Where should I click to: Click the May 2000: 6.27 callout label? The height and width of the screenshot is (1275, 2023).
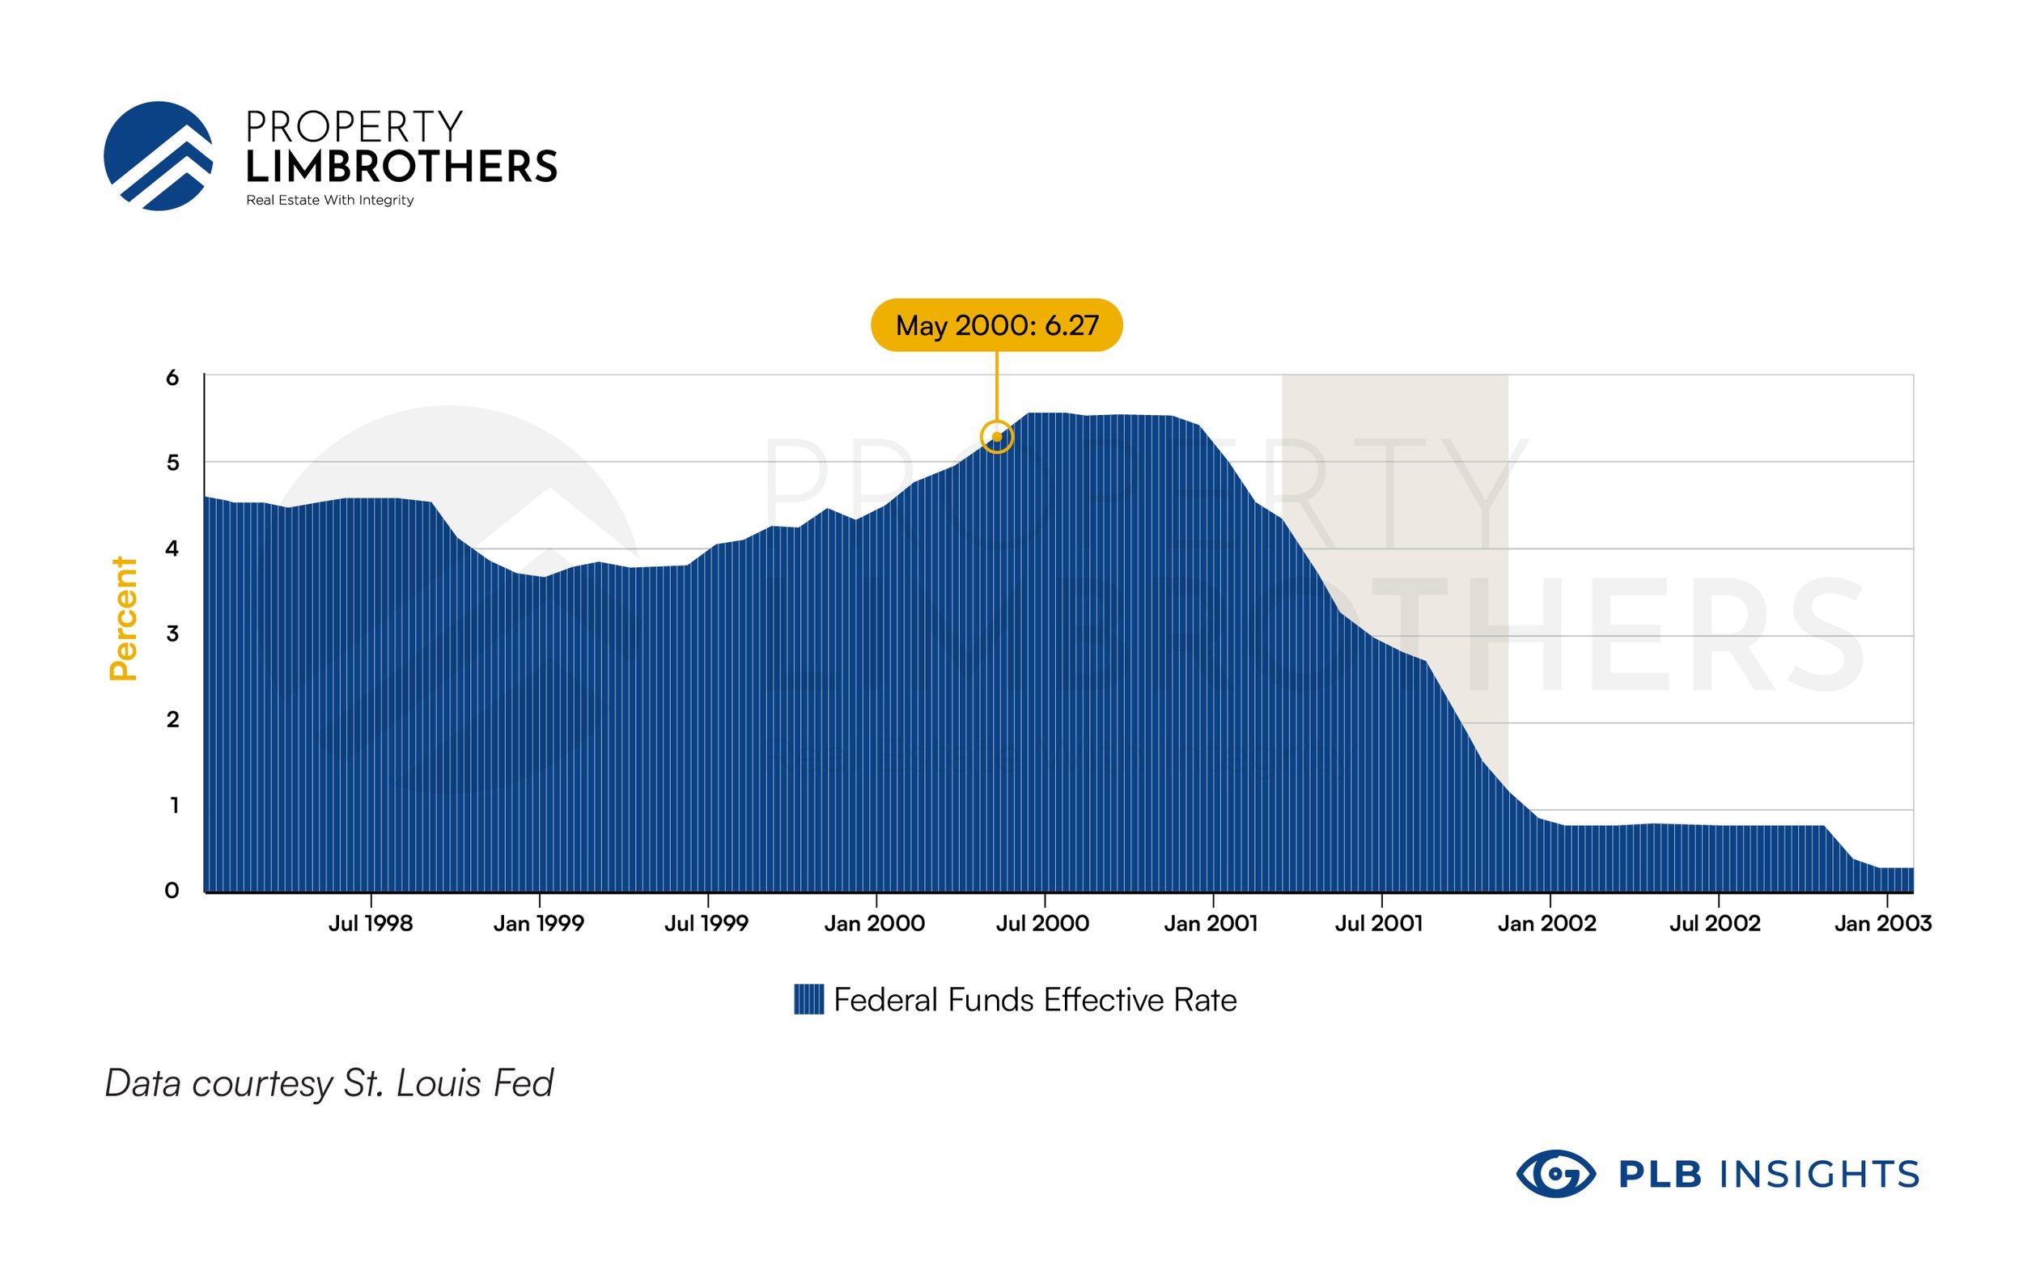pos(996,325)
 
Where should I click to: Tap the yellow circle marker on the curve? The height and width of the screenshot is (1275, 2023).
pos(996,437)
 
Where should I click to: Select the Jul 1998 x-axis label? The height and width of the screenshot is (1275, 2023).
pos(371,924)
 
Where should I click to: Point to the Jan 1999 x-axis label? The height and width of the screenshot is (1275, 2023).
pos(538,924)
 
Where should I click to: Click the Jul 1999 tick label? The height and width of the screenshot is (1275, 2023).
pos(706,924)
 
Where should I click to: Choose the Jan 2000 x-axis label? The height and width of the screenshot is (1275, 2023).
pos(875,924)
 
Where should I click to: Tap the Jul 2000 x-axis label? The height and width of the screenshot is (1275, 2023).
pos(1042,924)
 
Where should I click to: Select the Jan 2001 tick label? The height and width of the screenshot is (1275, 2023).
pos(1211,924)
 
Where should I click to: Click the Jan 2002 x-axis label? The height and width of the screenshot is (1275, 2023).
pos(1546,924)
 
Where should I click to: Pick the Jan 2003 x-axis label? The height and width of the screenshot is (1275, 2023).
pos(1883,924)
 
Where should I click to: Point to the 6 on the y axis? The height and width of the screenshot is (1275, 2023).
pos(172,378)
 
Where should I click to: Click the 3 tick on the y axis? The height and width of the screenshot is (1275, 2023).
pos(172,634)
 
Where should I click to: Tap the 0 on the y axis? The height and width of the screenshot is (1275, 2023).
pos(172,892)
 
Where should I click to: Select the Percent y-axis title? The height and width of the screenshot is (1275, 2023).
pos(124,618)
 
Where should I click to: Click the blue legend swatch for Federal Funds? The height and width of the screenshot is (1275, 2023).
pos(808,999)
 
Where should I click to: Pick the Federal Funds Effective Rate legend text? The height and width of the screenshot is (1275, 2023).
pos(1035,999)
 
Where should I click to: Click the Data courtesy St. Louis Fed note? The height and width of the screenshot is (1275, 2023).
pos(329,1083)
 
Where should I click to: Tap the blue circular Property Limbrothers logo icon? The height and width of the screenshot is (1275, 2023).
pos(158,156)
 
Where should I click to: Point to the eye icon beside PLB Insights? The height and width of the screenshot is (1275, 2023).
pos(1555,1173)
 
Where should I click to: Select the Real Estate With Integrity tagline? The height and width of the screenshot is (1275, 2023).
pos(329,200)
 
